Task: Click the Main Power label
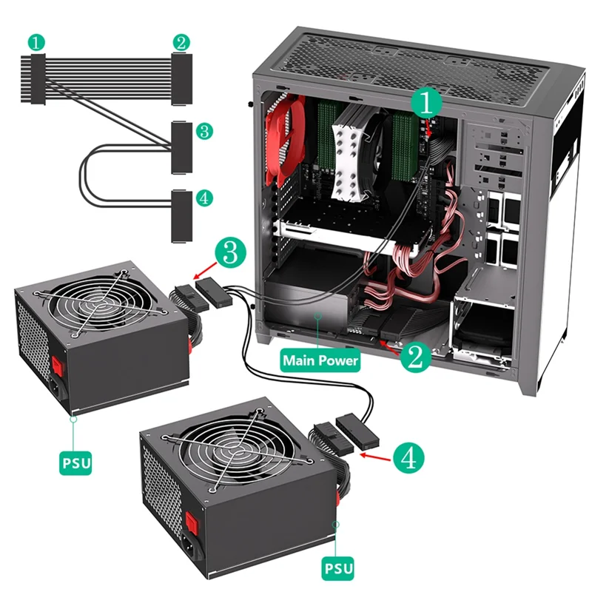click(x=319, y=361)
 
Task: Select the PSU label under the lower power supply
click(x=337, y=569)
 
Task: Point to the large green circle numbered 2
click(x=414, y=357)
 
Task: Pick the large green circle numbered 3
click(x=230, y=253)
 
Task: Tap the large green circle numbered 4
click(x=408, y=457)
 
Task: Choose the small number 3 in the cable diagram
click(x=205, y=132)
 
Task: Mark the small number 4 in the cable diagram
click(x=205, y=198)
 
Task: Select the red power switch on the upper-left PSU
click(x=56, y=364)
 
